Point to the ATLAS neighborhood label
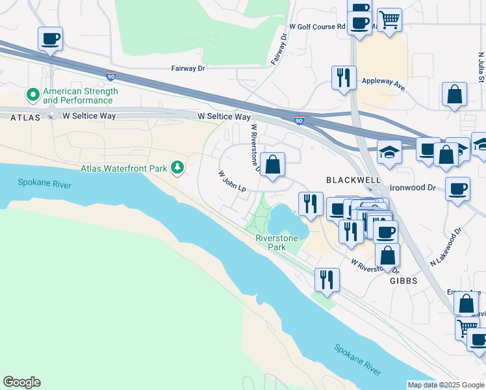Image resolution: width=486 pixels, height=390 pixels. (x=25, y=117)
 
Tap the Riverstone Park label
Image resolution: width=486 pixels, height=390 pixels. (x=277, y=242)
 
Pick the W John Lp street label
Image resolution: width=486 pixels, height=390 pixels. (x=232, y=181)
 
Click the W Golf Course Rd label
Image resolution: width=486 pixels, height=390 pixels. (x=316, y=27)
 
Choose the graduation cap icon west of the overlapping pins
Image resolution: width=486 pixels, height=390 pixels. (x=389, y=153)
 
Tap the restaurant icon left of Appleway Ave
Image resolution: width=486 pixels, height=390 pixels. (x=342, y=77)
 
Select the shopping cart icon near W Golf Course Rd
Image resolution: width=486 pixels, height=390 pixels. (x=389, y=19)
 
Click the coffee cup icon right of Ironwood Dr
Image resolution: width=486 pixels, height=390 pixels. (x=458, y=189)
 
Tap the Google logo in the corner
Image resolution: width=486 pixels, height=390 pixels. (x=21, y=382)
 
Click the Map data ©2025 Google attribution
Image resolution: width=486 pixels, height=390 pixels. (x=445, y=385)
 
